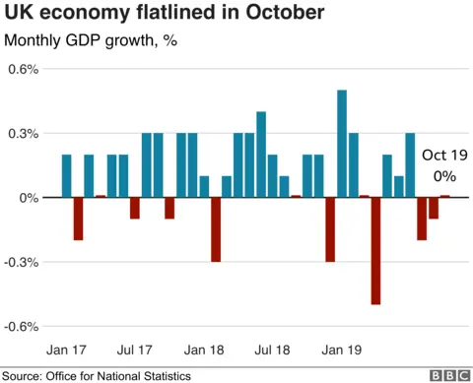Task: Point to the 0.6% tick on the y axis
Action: (x=24, y=70)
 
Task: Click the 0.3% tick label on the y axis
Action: (x=24, y=134)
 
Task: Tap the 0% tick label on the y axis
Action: (x=29, y=198)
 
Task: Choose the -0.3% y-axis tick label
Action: (x=23, y=263)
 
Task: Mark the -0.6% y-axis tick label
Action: (x=23, y=327)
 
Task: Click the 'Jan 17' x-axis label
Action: (x=68, y=349)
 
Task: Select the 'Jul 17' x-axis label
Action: (x=135, y=349)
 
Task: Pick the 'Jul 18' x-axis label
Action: (x=272, y=349)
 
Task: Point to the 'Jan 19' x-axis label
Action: (x=341, y=349)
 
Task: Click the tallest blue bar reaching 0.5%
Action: (x=342, y=144)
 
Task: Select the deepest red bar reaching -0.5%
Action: (x=375, y=251)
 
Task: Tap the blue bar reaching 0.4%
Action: (x=261, y=155)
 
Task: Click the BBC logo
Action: (x=448, y=375)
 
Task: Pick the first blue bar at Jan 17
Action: (x=66, y=176)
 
